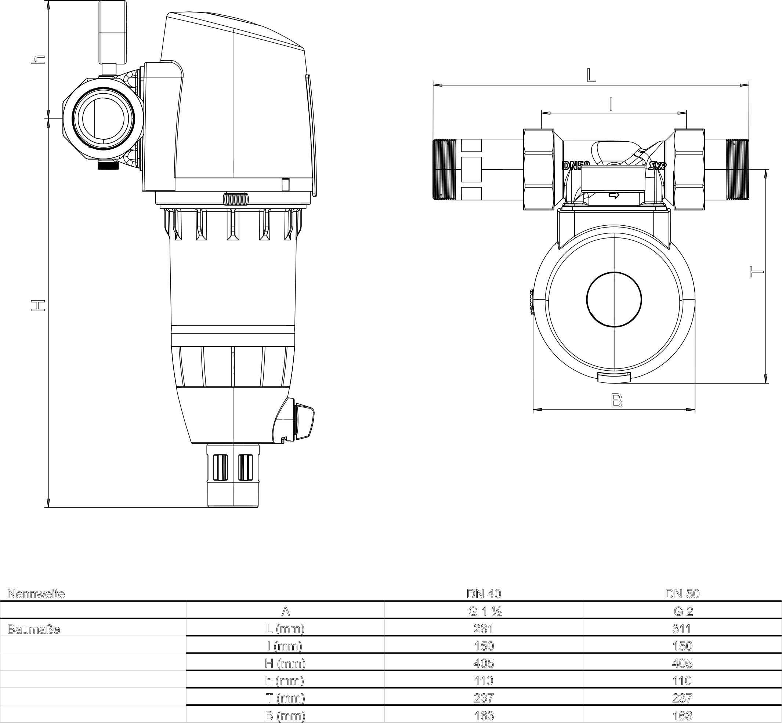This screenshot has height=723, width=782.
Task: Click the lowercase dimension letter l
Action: point(611,104)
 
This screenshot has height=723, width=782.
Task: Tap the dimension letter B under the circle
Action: point(616,400)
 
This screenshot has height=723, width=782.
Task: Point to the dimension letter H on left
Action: point(38,306)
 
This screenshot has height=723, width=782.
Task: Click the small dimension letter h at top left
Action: point(38,60)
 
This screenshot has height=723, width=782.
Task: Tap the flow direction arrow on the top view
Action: point(614,195)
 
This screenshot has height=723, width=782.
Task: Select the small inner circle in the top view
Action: point(614,299)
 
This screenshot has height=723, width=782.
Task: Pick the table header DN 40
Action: point(484,593)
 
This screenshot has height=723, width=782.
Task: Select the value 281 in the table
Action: point(484,629)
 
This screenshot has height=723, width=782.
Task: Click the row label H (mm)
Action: point(285,664)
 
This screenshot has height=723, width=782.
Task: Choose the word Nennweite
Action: point(36,594)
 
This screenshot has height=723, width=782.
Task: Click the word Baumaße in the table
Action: point(34,629)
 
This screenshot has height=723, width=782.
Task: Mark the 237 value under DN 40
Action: point(484,698)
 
